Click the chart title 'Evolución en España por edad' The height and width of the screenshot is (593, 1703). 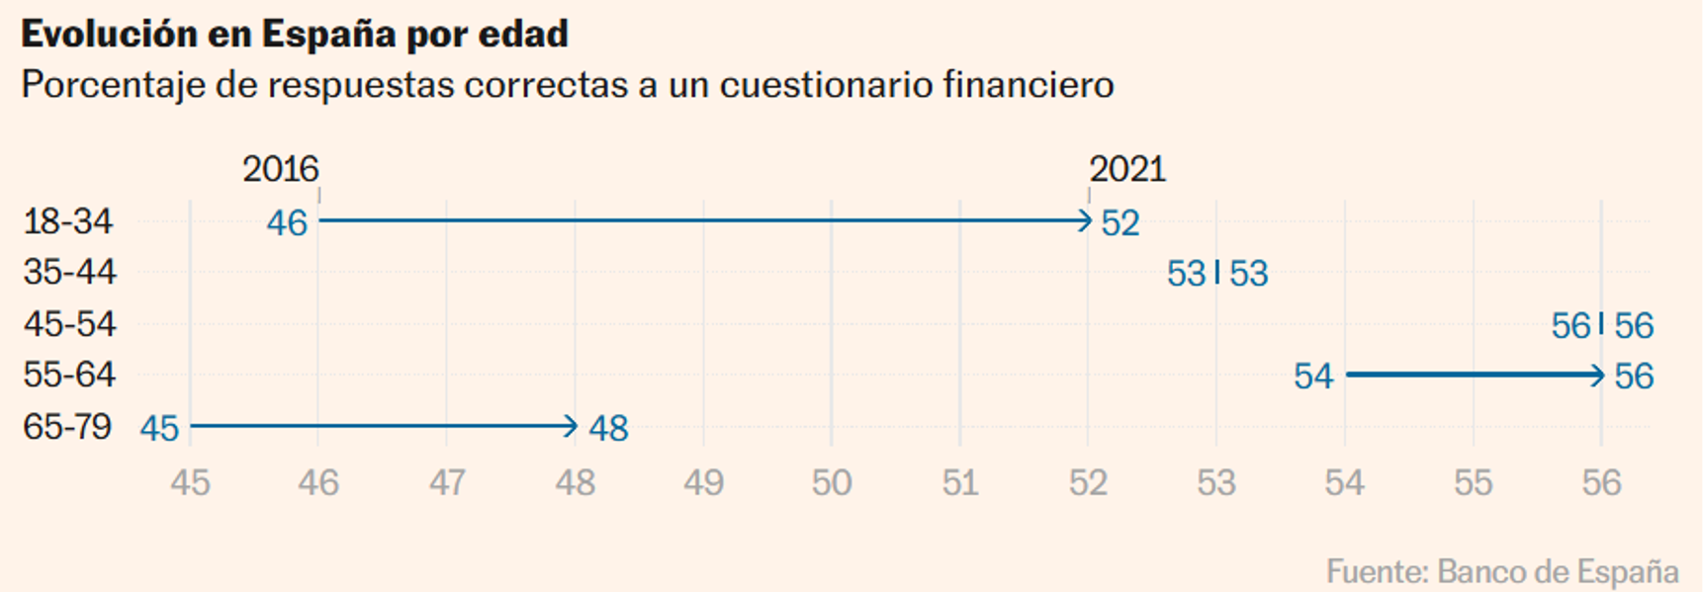click(295, 35)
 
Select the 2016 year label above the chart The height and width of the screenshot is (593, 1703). click(281, 169)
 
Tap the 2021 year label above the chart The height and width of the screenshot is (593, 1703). click(1127, 169)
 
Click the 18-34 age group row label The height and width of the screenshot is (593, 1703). click(68, 221)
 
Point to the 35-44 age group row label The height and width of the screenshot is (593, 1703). click(69, 272)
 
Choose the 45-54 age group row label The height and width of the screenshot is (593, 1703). click(69, 324)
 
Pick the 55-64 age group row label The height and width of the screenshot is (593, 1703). click(69, 375)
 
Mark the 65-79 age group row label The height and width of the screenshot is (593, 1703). click(67, 427)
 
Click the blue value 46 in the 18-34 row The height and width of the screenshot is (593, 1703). click(287, 223)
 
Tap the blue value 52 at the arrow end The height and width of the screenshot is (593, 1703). click(1120, 223)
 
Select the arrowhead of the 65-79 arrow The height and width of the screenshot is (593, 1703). click(571, 426)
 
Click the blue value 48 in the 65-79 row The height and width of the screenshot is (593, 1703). click(608, 429)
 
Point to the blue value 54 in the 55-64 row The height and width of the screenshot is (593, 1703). click(1313, 377)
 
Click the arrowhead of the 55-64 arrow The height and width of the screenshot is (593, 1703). click(1596, 375)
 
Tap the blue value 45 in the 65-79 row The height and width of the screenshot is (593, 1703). click(159, 429)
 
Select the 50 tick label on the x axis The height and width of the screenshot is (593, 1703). click(832, 483)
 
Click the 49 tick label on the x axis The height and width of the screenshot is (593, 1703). click(703, 483)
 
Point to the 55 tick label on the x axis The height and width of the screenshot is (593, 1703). click(1473, 483)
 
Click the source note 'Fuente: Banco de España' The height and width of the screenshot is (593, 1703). click(1502, 571)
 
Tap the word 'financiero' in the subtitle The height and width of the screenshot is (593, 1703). click(1029, 86)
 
